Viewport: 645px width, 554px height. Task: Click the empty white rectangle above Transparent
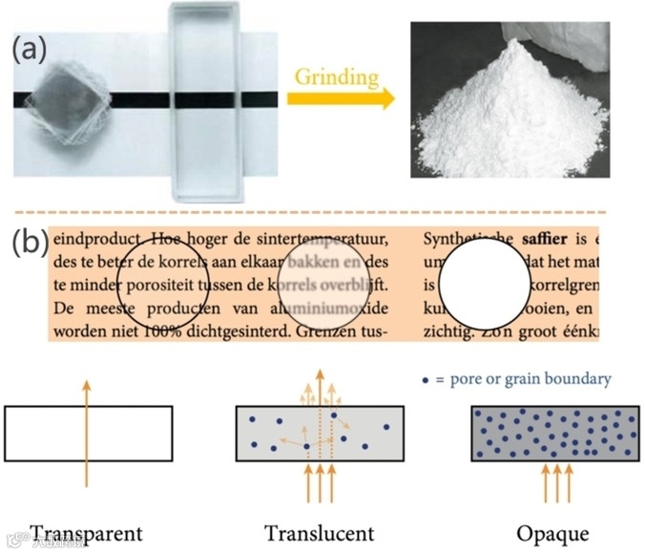(x=89, y=432)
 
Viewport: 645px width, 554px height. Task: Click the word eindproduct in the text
(x=91, y=237)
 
